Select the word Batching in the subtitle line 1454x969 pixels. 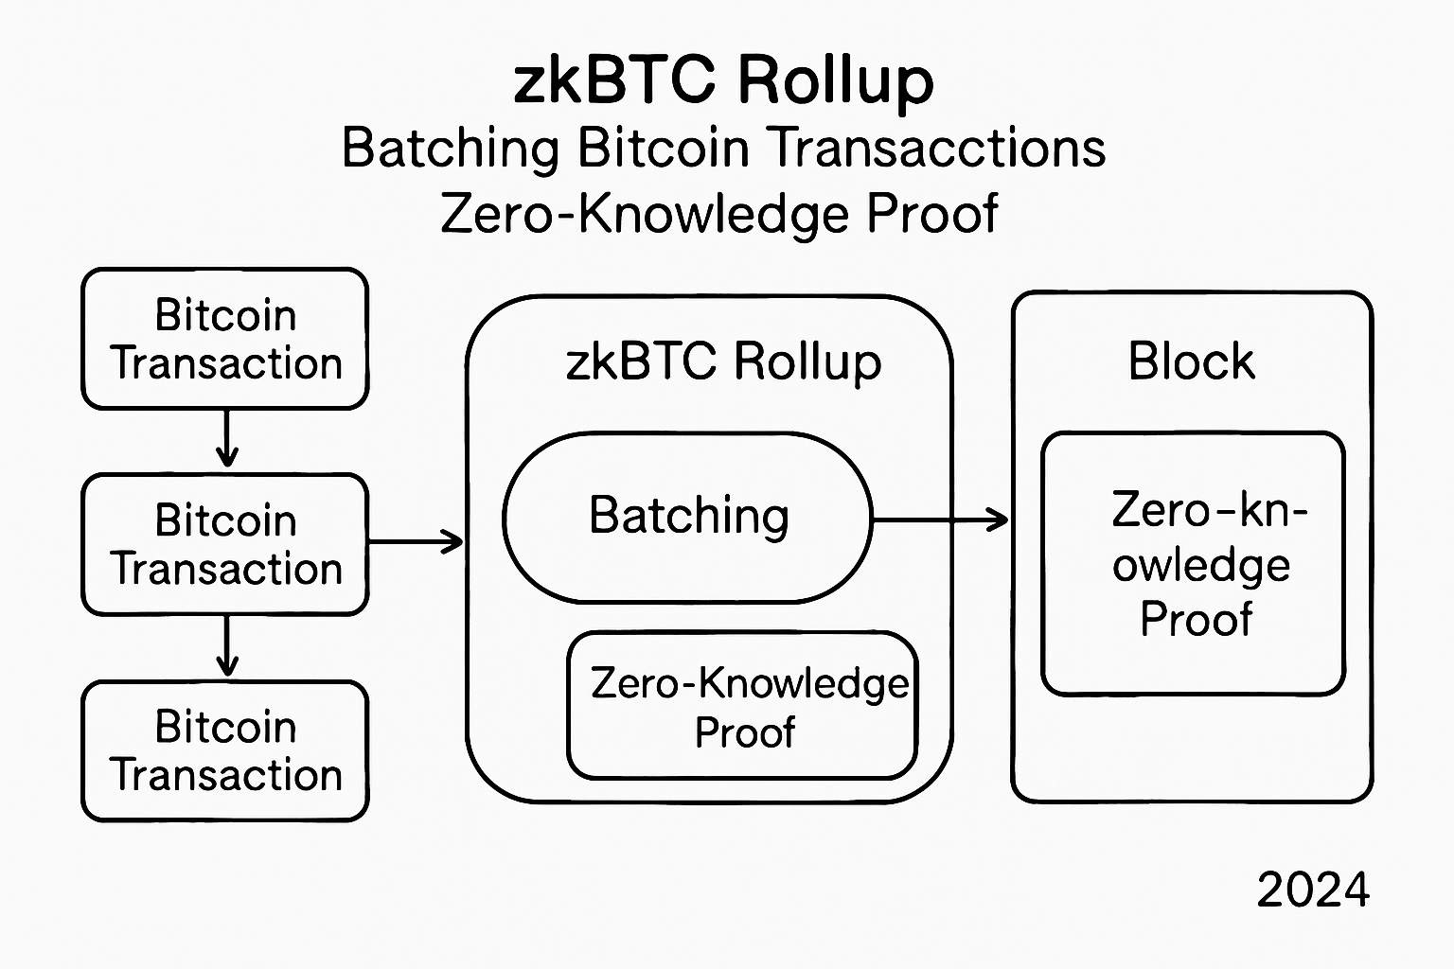(x=451, y=150)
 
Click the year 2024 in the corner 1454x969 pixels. (x=1313, y=890)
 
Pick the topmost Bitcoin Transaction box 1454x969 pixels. (x=225, y=339)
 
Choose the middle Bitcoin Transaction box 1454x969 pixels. (x=225, y=545)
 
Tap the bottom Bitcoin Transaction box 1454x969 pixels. (x=225, y=750)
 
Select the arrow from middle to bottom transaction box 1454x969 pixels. (x=226, y=646)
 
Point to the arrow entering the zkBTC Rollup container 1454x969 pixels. (x=417, y=542)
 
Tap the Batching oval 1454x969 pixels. (x=687, y=517)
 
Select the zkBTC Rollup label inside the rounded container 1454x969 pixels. (x=723, y=362)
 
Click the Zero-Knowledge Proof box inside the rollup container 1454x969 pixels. (x=743, y=706)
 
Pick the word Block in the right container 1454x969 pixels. (x=1191, y=361)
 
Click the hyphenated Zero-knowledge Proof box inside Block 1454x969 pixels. (x=1193, y=564)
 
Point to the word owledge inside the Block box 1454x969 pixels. (x=1200, y=566)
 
